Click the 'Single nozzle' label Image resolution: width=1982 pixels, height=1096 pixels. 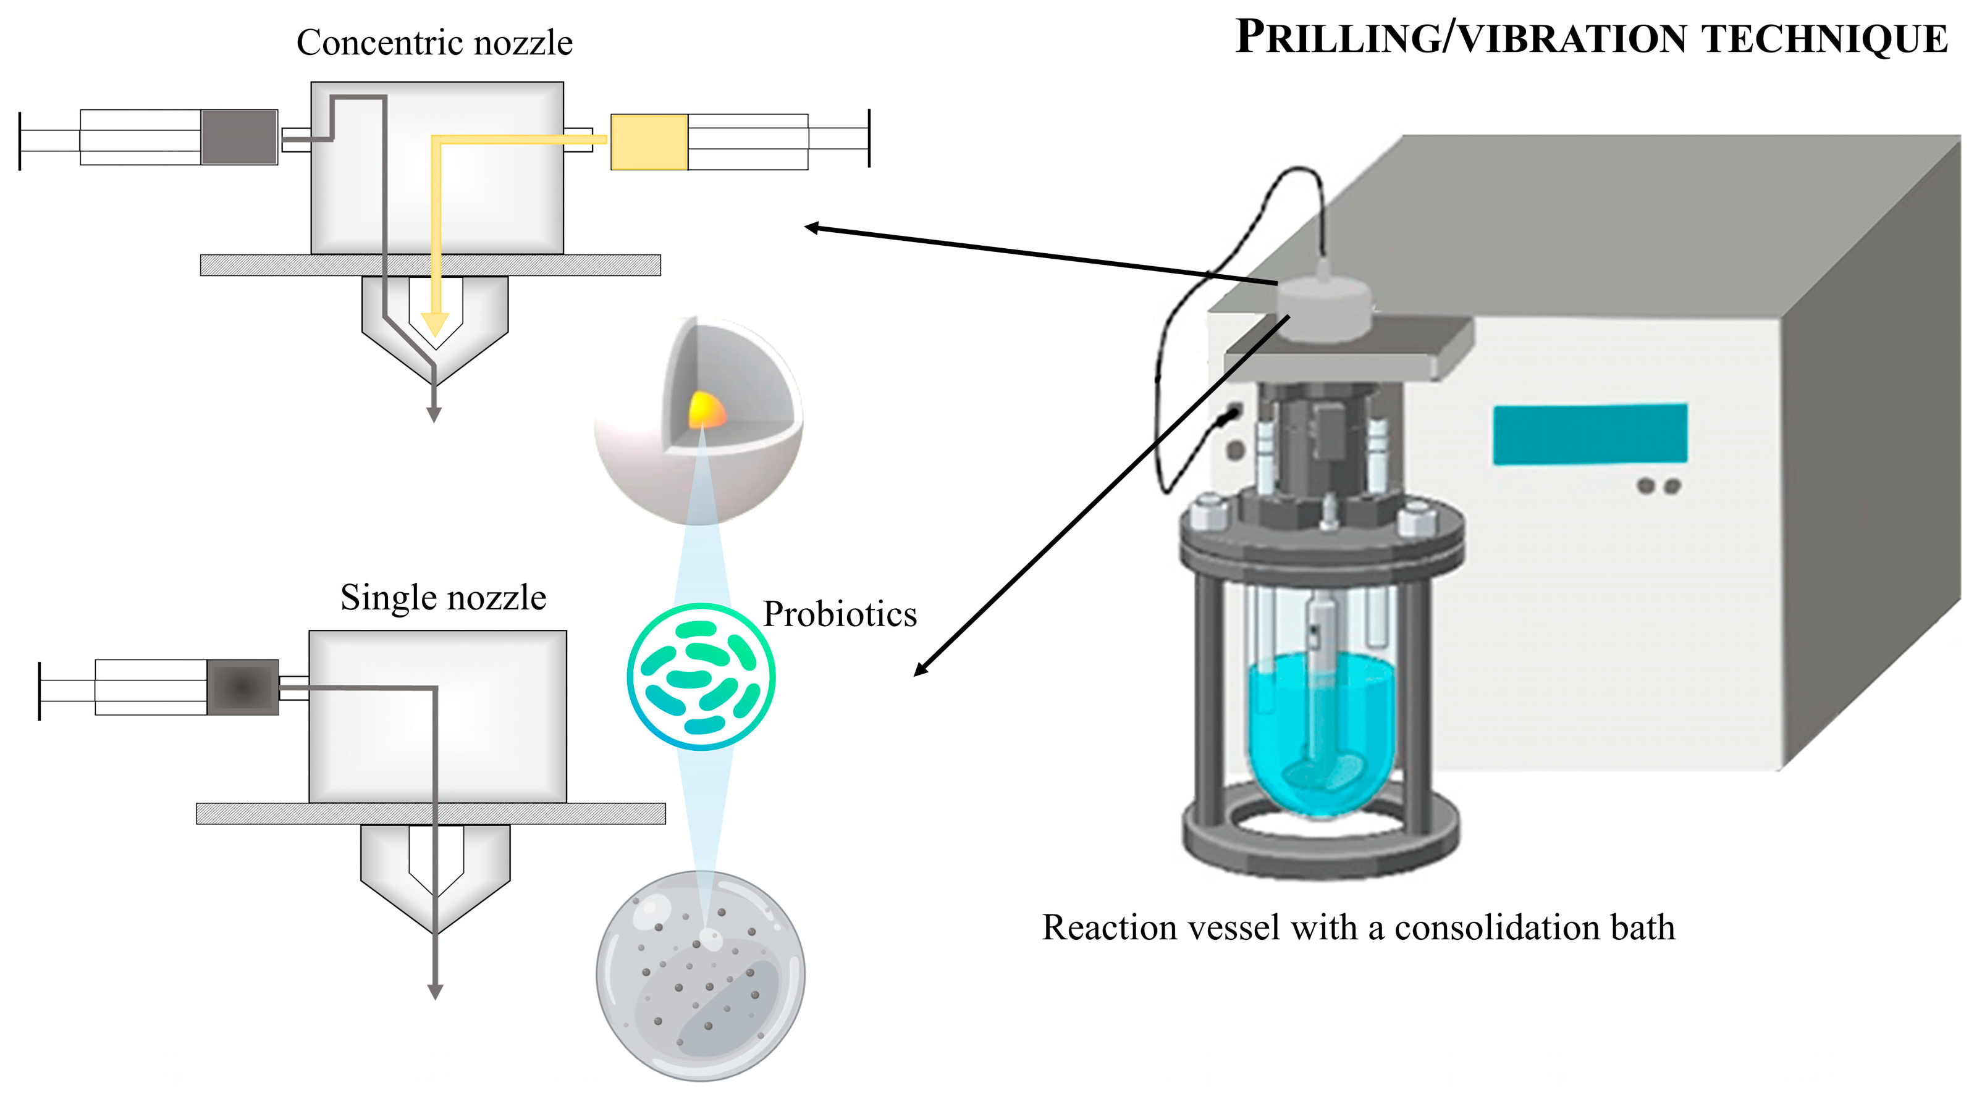pyautogui.click(x=442, y=598)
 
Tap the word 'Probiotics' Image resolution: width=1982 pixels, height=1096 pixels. pyautogui.click(x=840, y=614)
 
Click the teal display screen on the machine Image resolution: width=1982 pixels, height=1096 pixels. pyautogui.click(x=1590, y=435)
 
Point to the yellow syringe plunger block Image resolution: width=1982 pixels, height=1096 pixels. pyautogui.click(x=649, y=142)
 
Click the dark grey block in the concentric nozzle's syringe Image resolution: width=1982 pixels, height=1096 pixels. pyautogui.click(x=239, y=137)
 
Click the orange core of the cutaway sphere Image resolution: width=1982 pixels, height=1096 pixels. pyautogui.click(x=706, y=411)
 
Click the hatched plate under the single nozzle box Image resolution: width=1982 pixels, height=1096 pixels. pyautogui.click(x=431, y=814)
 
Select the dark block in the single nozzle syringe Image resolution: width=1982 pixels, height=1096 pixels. pyautogui.click(x=242, y=687)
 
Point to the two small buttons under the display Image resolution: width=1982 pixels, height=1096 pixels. pyautogui.click(x=1659, y=486)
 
